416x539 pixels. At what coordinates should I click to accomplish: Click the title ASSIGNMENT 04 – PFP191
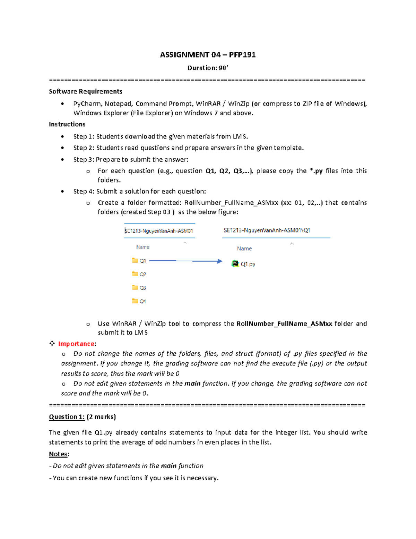(208, 55)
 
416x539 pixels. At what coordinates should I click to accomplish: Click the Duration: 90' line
(208, 68)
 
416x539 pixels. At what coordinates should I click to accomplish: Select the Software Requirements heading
(85, 91)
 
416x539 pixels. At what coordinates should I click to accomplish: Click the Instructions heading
(67, 124)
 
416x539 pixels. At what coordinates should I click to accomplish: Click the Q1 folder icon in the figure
(135, 260)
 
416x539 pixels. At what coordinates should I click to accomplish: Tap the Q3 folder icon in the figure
(135, 287)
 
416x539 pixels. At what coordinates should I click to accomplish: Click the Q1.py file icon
(235, 263)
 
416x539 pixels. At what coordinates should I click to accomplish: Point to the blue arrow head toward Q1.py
(219, 261)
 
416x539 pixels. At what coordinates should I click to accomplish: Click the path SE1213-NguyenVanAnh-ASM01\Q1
(267, 230)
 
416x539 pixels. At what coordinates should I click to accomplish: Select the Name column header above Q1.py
(244, 249)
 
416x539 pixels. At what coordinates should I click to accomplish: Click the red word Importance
(76, 344)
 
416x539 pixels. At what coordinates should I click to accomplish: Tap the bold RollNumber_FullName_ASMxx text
(284, 323)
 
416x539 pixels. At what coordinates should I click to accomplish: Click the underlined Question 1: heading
(67, 417)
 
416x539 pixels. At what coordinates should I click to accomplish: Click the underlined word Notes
(58, 454)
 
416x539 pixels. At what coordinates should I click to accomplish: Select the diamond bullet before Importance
(52, 343)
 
